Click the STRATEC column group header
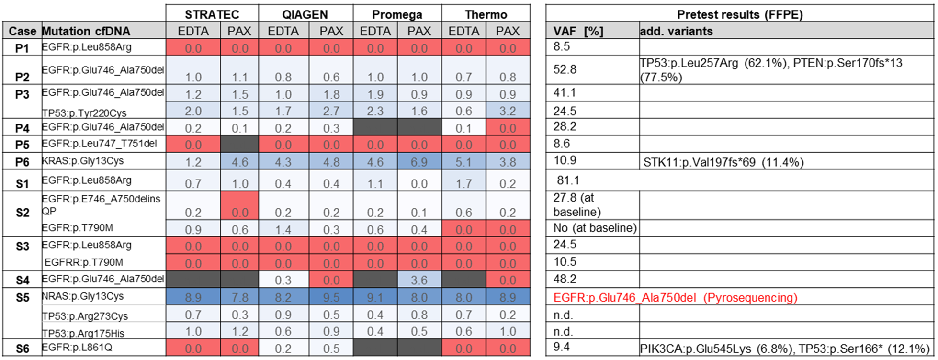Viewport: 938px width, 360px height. coord(212,14)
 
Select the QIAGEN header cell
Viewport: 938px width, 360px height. coord(305,14)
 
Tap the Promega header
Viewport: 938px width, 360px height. coord(397,14)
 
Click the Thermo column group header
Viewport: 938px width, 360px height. coord(486,14)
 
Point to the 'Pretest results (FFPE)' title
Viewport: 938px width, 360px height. coord(739,14)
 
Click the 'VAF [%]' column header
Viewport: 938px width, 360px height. coord(578,31)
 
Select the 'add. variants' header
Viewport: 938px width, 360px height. coord(676,31)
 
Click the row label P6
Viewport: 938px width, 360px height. coord(22,162)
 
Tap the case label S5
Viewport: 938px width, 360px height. coord(22,298)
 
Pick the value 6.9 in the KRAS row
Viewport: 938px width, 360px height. coord(419,162)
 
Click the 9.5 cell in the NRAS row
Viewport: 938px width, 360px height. coord(331,298)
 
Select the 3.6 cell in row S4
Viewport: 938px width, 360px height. coord(419,280)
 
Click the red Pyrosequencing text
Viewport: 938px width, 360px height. coord(675,298)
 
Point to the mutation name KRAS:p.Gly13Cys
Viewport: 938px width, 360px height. coord(82,161)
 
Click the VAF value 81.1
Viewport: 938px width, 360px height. coord(568,180)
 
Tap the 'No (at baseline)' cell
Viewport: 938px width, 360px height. coord(595,228)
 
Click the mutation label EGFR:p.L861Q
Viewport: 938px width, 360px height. coord(77,348)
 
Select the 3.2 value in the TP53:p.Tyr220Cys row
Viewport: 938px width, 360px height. coord(508,111)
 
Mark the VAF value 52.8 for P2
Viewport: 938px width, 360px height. coord(565,69)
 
